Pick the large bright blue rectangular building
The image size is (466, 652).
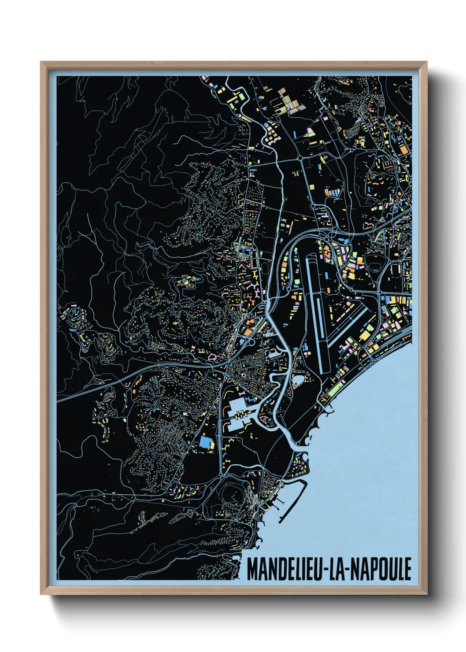coord(204,442)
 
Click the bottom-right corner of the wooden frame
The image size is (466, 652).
coord(426,593)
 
